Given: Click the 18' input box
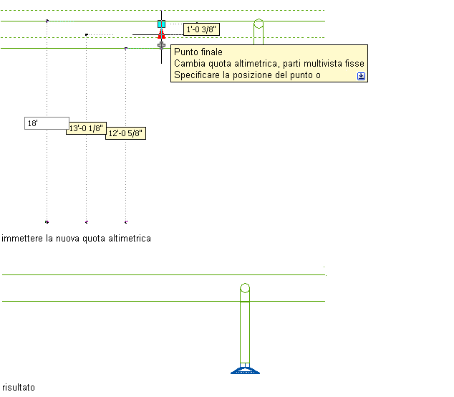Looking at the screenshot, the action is (47, 123).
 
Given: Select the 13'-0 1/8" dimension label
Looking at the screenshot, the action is (86, 128).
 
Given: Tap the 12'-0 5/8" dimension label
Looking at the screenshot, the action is (125, 133).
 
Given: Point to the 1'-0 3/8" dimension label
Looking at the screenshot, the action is (201, 29).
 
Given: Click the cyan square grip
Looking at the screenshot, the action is (162, 24).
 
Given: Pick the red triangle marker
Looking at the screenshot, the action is (162, 34).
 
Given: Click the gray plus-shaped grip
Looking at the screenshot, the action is (161, 45).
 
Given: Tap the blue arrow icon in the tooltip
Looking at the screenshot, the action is (361, 76).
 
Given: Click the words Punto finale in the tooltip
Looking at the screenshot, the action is (198, 52).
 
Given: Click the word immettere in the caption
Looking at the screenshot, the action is (22, 239).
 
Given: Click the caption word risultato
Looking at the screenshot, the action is (19, 388).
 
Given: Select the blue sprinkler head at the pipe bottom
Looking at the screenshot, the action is (245, 370).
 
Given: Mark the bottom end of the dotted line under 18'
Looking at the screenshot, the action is (47, 222).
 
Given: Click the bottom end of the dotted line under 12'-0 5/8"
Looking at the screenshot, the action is (125, 222).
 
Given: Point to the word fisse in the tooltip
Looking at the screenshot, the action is (354, 64).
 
